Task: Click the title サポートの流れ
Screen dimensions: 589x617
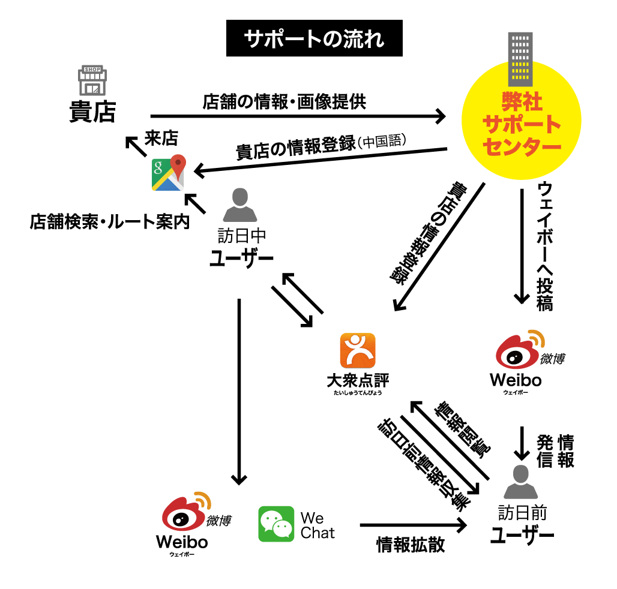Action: coord(314,40)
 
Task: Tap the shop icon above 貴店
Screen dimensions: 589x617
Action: coord(92,80)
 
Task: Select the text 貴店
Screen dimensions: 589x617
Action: coord(92,112)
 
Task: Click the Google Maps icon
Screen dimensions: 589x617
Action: coord(168,174)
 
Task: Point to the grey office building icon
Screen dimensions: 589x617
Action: coord(520,59)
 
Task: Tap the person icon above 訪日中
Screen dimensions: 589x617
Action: coord(239,205)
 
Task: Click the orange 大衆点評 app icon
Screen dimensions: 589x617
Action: coord(358,350)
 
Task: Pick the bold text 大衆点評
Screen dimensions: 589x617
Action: coord(358,380)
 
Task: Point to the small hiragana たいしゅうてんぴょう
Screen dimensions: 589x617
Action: coord(358,393)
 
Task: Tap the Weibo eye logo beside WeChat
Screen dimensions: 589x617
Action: coord(184,512)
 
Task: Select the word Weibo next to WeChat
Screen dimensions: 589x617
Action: coord(182,542)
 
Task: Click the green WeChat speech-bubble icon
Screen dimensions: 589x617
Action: coord(276,524)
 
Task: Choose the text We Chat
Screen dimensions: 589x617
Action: coord(318,525)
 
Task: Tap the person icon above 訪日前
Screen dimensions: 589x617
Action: coord(520,482)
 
